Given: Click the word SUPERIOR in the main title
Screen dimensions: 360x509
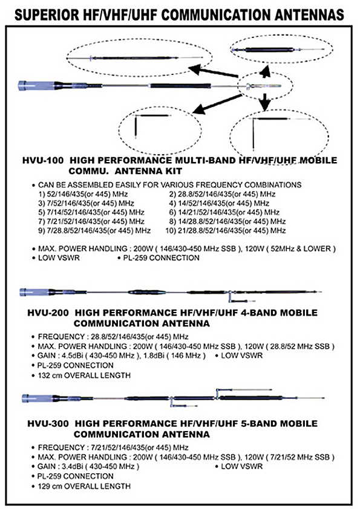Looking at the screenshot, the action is tap(47, 15).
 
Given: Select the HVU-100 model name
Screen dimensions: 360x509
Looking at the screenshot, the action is tap(43, 160).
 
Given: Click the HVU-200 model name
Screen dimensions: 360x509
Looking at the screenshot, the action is tap(48, 313).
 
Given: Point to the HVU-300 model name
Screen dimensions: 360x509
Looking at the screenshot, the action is tap(48, 424).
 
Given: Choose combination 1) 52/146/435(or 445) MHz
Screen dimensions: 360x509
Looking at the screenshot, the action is tap(83, 194).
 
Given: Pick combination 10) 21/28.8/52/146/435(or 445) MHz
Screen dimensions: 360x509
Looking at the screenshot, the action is tap(226, 230).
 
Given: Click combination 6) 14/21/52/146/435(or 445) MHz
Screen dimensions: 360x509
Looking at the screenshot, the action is tap(224, 212).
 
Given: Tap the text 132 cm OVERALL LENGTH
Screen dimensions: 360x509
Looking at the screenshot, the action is tap(84, 375).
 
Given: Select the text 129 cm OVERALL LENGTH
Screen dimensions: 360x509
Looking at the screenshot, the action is tap(84, 486).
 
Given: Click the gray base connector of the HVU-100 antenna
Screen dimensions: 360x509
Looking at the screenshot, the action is tap(36, 86).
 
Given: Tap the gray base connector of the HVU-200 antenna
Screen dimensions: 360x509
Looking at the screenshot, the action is tap(34, 292).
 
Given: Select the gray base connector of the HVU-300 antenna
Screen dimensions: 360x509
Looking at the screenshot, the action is tap(37, 398).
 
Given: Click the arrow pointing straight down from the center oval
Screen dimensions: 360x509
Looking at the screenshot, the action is tap(265, 102).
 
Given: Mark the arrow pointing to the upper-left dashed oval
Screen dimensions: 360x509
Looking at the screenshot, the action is tap(213, 72).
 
